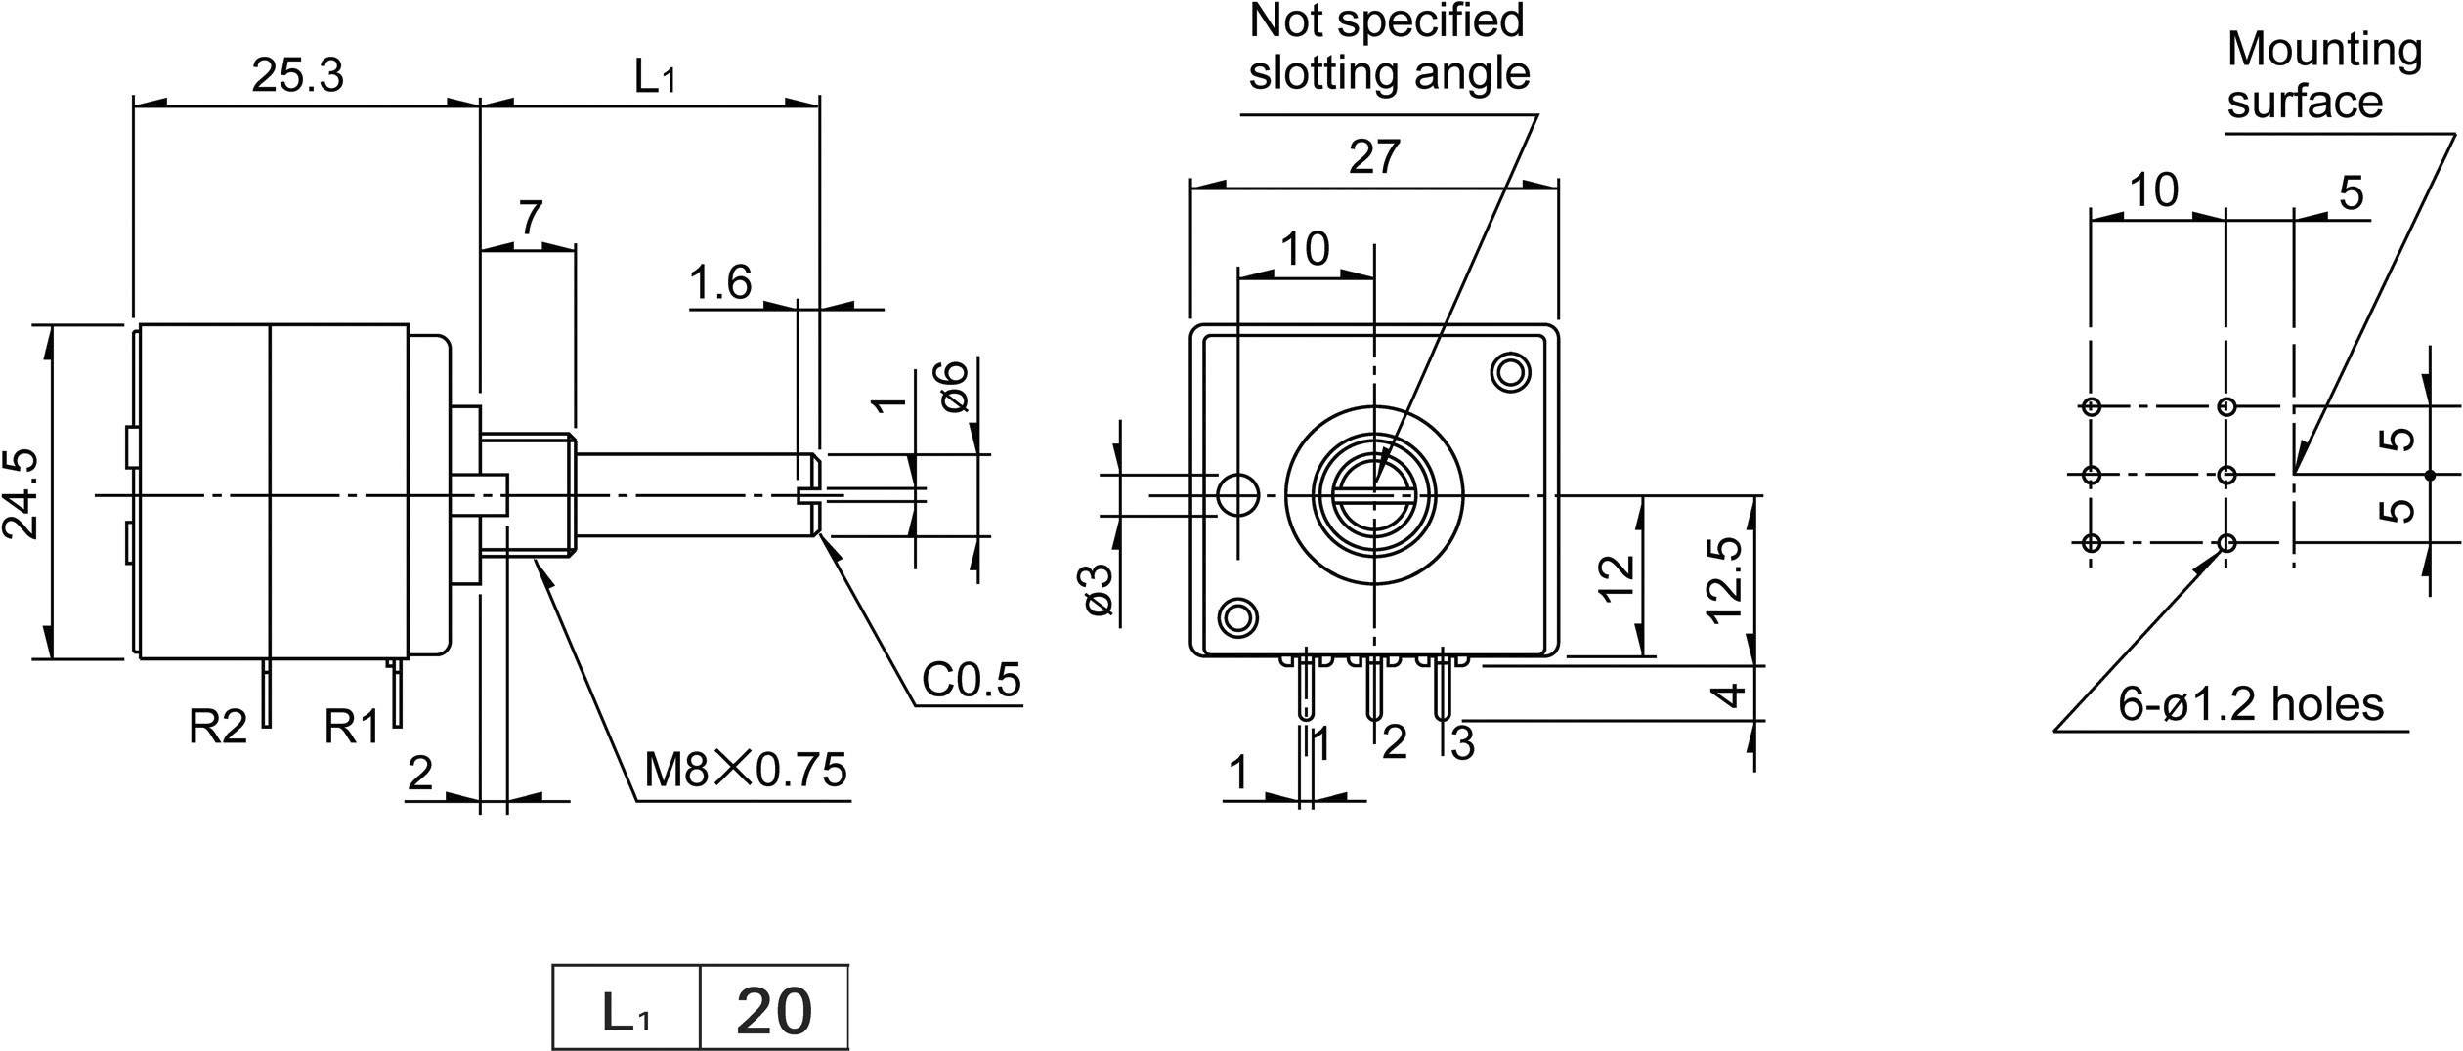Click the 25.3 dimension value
click(298, 76)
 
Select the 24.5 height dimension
click(22, 493)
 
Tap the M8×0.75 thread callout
click(745, 771)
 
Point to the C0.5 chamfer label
click(971, 680)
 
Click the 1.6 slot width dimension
click(720, 283)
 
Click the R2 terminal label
click(218, 727)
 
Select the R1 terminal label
click(352, 727)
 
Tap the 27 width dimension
click(1374, 157)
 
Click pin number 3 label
click(1462, 744)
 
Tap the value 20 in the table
click(773, 1012)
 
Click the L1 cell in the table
click(626, 1012)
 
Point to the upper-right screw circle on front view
click(1511, 372)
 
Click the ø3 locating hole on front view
click(1238, 495)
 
